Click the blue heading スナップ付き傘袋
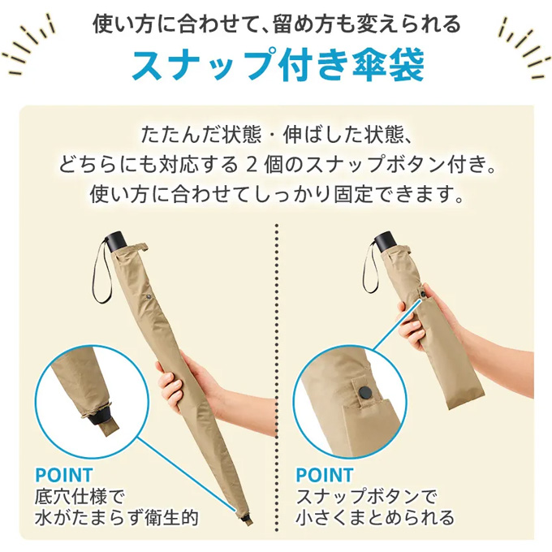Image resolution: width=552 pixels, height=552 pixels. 278,65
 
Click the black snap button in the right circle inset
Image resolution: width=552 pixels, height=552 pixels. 364,392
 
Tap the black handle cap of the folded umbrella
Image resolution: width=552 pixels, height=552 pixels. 385,241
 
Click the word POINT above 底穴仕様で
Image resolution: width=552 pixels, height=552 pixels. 63,475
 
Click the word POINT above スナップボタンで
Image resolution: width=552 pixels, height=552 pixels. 324,475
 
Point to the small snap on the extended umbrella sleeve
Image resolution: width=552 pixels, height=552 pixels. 149,298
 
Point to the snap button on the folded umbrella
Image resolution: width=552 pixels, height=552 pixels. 423,294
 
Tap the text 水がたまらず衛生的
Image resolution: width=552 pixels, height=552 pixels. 117,517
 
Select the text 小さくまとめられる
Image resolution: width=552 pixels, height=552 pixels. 375,517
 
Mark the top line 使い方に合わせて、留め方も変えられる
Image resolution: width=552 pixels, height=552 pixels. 277,24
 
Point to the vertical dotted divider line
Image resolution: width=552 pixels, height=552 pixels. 277,378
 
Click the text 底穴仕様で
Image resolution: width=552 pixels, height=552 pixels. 80,497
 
